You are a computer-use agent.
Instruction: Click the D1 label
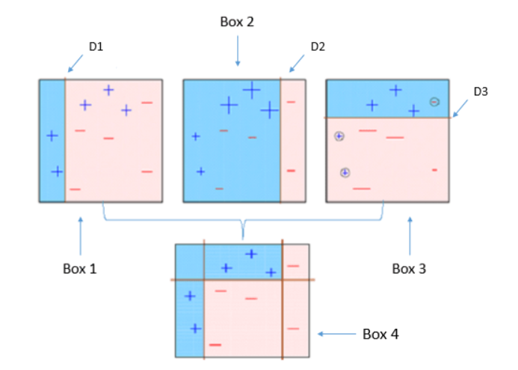(95, 46)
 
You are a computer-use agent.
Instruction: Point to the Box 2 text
(237, 22)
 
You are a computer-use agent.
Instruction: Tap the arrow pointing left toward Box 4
(336, 335)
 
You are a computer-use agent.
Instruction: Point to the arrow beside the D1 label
(74, 61)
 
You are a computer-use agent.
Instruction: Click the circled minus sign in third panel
(434, 102)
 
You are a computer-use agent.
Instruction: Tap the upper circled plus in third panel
(339, 136)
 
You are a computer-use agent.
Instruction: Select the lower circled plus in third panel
(345, 172)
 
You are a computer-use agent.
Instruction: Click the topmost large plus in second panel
(251, 90)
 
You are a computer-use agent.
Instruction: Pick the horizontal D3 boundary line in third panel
(389, 118)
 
